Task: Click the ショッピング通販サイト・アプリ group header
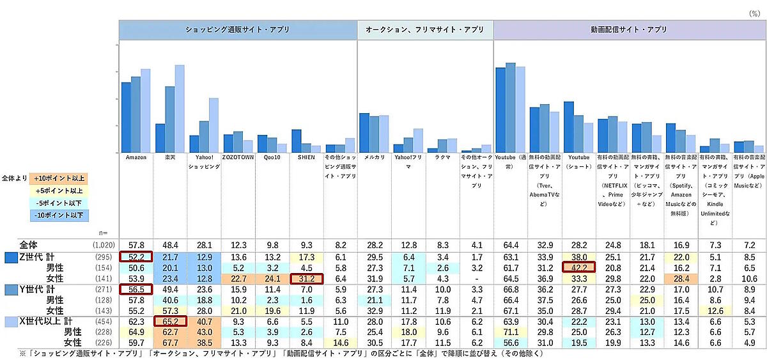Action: pos(237,29)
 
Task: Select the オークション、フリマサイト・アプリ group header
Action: pos(425,29)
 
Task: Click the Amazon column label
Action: pos(136,158)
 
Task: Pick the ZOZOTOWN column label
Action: pos(237,158)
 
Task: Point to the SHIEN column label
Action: pos(306,158)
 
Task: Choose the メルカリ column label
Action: pos(373,158)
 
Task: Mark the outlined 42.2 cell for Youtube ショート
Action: pos(578,268)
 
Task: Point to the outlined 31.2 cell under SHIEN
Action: pos(306,279)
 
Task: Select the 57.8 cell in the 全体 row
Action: pos(136,245)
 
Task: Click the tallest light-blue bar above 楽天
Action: pos(180,109)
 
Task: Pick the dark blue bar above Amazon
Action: pos(127,118)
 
